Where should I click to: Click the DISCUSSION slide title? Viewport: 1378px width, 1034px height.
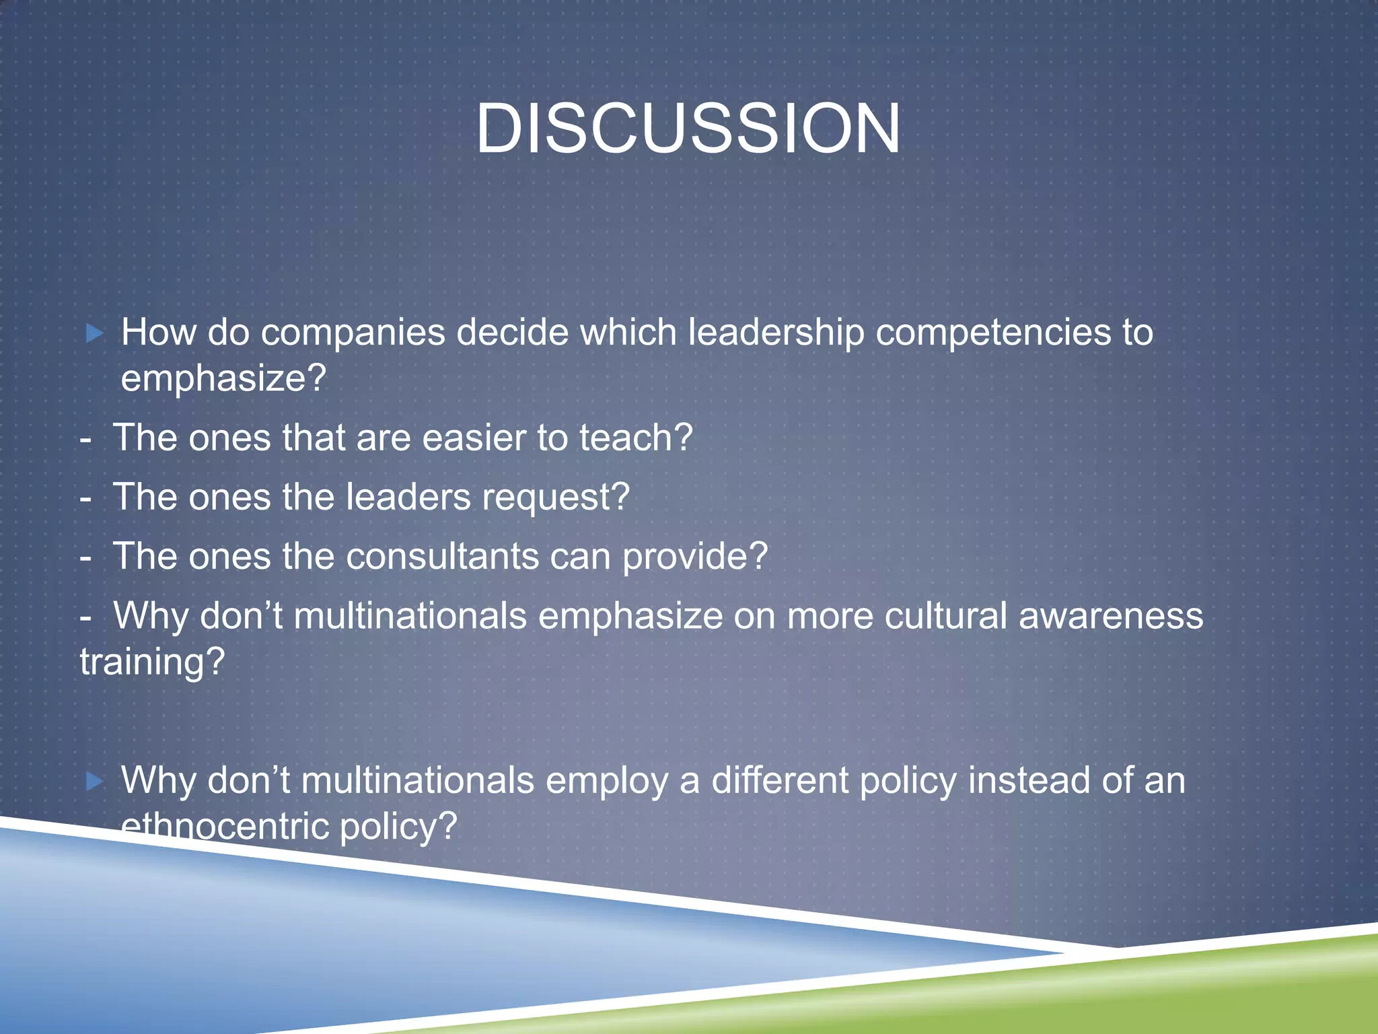(x=688, y=129)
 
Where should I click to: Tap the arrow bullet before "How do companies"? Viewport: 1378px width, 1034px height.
(x=95, y=333)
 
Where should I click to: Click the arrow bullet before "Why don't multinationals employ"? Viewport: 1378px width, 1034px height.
(x=95, y=781)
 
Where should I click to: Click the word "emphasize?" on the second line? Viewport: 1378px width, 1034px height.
(x=223, y=378)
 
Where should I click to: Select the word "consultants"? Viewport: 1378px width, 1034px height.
(x=442, y=557)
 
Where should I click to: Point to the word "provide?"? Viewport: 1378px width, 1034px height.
(x=694, y=557)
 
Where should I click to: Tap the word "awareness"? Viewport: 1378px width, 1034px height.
(x=1110, y=616)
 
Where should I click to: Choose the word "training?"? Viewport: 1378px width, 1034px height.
(x=152, y=662)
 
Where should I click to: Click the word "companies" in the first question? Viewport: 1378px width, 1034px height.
(x=353, y=333)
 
